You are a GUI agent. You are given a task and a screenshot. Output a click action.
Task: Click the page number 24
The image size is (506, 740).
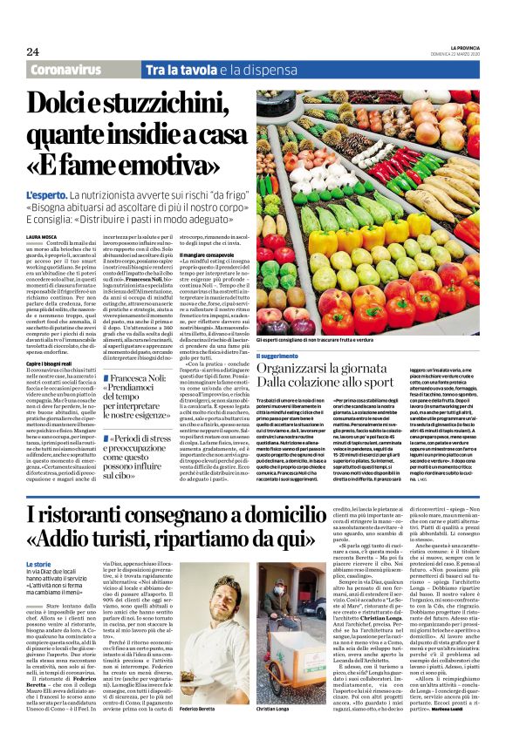(x=33, y=51)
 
